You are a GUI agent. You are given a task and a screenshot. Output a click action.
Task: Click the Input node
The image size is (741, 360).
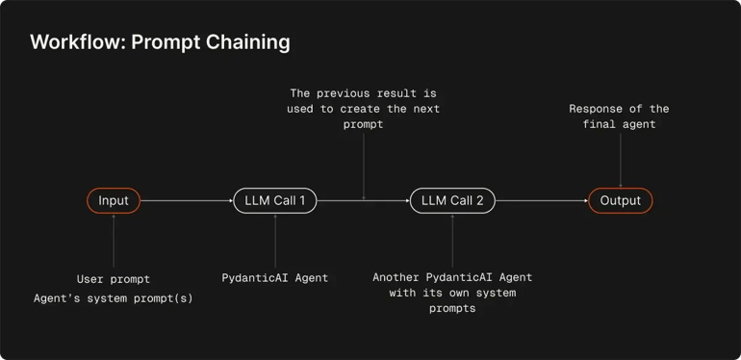(x=114, y=200)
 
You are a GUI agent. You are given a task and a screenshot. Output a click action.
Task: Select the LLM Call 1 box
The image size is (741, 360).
(x=274, y=200)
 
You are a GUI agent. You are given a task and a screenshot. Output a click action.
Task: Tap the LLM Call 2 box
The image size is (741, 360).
(x=452, y=200)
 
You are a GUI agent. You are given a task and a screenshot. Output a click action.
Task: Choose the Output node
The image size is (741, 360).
(x=621, y=200)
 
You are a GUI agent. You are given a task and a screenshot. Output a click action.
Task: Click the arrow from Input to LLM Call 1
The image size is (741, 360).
(x=187, y=200)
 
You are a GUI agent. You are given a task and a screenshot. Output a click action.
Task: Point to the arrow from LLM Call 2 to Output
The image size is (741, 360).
(x=542, y=200)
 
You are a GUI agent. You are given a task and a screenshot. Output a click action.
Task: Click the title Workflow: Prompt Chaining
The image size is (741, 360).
(x=160, y=42)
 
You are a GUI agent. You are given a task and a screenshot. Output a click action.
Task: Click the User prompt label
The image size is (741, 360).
(x=114, y=279)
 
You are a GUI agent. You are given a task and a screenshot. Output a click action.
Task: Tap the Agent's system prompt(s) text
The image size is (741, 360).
(x=114, y=298)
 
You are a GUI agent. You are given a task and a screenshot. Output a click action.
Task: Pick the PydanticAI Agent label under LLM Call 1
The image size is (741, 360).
(x=274, y=278)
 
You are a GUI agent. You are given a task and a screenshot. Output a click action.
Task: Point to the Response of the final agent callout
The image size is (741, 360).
(x=619, y=116)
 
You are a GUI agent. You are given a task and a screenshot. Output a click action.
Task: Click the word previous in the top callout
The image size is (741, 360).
(x=363, y=93)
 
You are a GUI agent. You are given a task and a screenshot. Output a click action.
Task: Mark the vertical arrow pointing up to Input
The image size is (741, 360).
(x=114, y=241)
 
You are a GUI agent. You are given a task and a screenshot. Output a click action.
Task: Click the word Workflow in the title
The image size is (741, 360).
(x=70, y=42)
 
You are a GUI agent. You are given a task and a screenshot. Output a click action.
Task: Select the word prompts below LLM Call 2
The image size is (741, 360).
(x=452, y=309)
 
